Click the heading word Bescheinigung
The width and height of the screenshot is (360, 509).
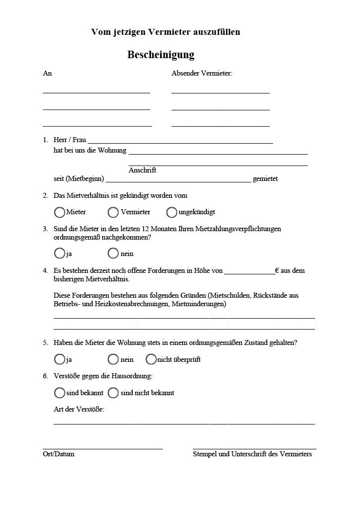161,55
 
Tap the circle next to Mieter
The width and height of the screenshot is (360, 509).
60,212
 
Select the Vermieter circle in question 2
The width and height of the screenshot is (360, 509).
113,212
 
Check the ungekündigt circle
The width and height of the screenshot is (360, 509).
172,212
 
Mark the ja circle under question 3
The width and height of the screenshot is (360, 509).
60,254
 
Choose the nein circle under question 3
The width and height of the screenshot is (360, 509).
113,254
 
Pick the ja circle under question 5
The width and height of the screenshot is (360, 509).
60,359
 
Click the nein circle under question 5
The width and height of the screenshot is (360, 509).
113,359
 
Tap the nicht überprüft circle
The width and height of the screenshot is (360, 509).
151,359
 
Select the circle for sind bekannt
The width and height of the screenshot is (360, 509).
60,393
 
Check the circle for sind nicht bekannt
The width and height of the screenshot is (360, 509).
113,393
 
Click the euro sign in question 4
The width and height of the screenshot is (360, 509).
277,270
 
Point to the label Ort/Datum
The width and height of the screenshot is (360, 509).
59,454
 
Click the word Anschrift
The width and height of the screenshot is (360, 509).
142,170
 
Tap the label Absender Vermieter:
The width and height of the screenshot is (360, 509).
202,74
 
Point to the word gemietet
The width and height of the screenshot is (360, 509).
265,179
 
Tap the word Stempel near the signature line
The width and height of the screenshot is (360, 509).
205,454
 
